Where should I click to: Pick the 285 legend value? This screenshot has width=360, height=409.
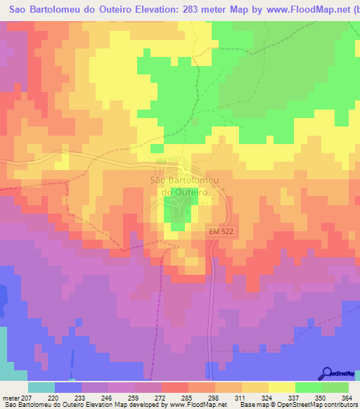point(186,398)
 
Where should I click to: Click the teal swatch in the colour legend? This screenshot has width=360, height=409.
point(41,387)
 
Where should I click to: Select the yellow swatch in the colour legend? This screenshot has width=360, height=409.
point(281,387)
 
